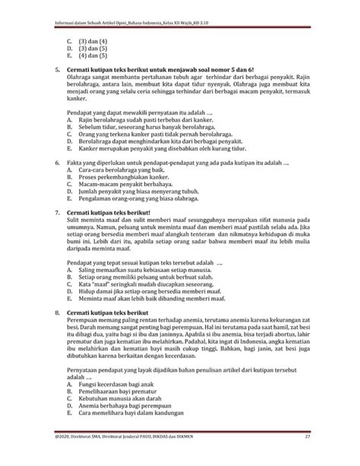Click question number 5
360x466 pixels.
[x=49, y=68]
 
